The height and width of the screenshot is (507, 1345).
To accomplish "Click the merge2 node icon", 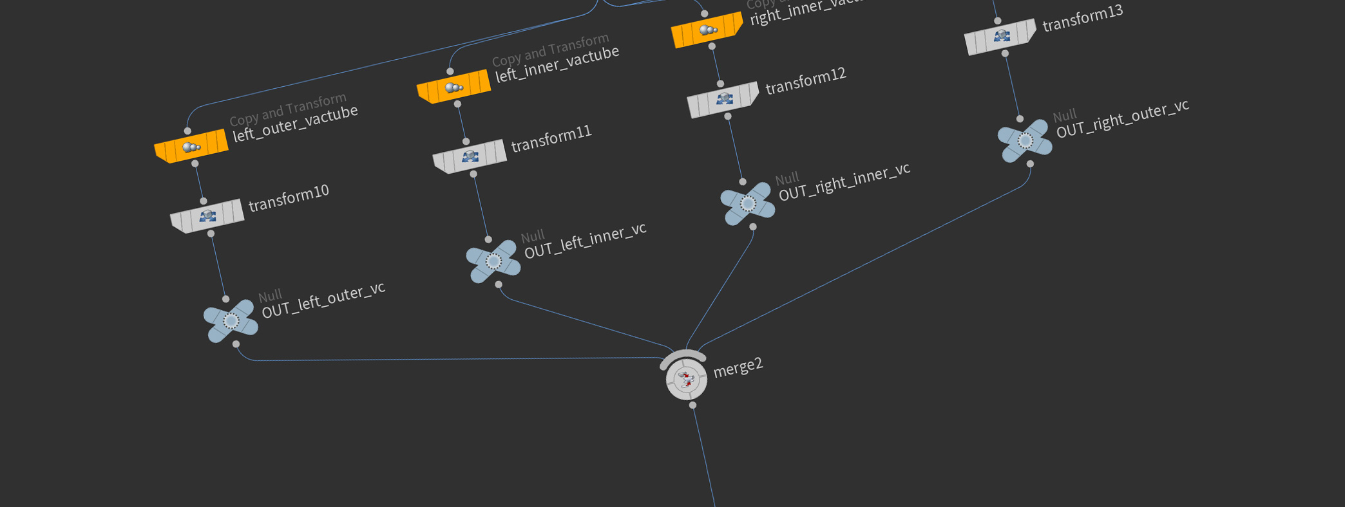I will tap(686, 378).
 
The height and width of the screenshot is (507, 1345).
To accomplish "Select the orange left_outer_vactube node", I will tap(191, 147).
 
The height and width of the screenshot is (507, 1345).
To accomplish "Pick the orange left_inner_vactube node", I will tap(453, 87).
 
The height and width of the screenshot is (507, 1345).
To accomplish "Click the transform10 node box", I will tap(207, 216).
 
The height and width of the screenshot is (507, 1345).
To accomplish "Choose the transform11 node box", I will tap(470, 156).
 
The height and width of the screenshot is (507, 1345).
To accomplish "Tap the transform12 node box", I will tap(723, 99).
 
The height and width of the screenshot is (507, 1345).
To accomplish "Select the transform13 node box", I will tap(1000, 37).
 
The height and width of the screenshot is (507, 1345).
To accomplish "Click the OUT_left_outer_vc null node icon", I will tap(231, 320).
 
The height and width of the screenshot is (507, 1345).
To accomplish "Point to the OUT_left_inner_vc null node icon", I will tap(493, 261).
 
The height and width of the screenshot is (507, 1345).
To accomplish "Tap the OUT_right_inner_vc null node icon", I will tap(747, 203).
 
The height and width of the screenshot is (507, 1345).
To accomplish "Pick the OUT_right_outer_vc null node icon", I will tap(1024, 140).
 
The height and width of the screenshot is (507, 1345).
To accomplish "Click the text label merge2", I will tap(738, 367).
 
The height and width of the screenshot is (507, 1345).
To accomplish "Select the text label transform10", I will tap(289, 198).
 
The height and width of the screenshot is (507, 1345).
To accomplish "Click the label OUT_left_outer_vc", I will tap(323, 300).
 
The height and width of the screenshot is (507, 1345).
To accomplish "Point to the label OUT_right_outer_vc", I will tap(1123, 119).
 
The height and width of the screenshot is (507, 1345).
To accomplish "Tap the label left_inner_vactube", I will tap(557, 64).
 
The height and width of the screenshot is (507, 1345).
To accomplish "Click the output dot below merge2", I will tap(692, 405).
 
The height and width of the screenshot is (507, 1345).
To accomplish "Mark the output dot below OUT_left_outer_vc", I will tap(236, 344).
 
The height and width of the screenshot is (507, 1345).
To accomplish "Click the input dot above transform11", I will tap(466, 142).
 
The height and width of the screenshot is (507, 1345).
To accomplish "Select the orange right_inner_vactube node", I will tap(707, 30).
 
